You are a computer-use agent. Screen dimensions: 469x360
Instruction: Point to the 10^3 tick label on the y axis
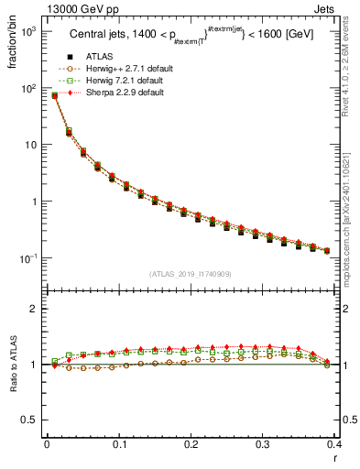[x=27, y=32]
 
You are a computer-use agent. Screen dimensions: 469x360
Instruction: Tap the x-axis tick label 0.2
[x=191, y=445]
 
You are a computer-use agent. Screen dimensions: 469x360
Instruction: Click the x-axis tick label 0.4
[x=333, y=445]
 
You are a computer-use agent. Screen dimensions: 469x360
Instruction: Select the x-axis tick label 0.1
[x=119, y=445]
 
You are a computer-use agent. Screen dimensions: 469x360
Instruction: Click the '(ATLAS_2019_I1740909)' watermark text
[x=190, y=274]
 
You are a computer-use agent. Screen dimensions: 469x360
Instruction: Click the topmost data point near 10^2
[x=54, y=95]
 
